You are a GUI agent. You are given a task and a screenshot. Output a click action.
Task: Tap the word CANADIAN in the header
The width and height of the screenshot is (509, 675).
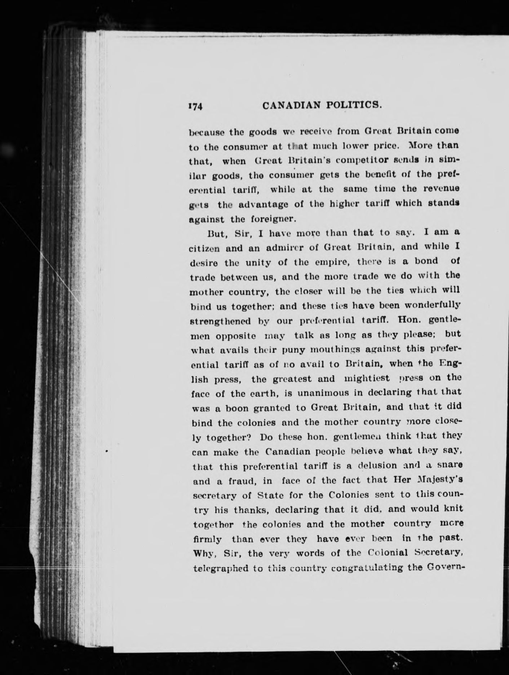click(x=291, y=105)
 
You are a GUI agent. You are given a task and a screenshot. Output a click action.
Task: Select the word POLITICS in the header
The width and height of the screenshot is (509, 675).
click(x=352, y=105)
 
